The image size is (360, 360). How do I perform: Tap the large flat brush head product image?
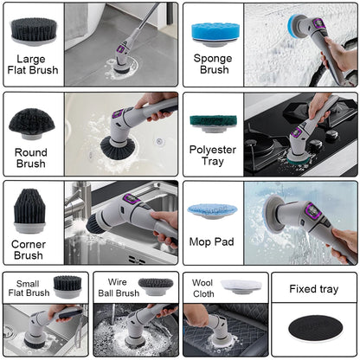[x=34, y=28]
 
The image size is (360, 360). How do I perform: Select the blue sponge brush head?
[x=212, y=31]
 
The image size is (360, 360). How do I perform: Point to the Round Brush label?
[x=31, y=157]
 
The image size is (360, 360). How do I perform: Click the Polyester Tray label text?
[x=212, y=157]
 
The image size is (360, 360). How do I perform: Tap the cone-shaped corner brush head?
[x=32, y=213]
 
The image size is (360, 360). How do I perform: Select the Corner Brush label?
[x=29, y=249]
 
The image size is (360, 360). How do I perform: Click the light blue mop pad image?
[x=210, y=212]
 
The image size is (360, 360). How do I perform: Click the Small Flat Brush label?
[x=26, y=287]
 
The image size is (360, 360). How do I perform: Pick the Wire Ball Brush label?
[x=116, y=287]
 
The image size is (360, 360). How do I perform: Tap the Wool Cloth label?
[x=202, y=287]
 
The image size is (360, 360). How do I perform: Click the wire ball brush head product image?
[x=157, y=286]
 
